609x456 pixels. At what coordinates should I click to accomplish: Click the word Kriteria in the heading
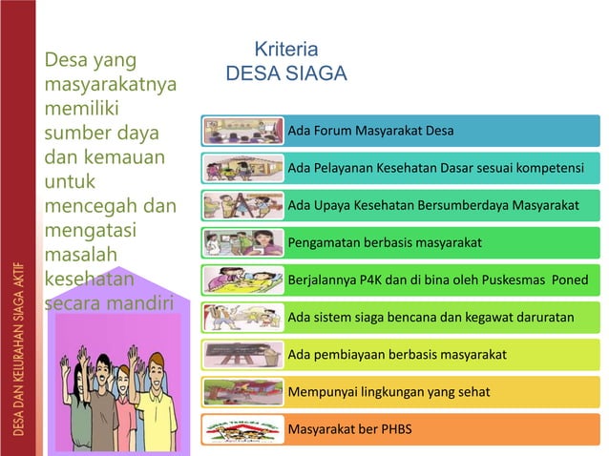(x=285, y=49)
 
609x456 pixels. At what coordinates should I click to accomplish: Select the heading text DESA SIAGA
(x=285, y=73)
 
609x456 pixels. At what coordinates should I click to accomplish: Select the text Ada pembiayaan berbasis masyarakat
(x=396, y=355)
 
